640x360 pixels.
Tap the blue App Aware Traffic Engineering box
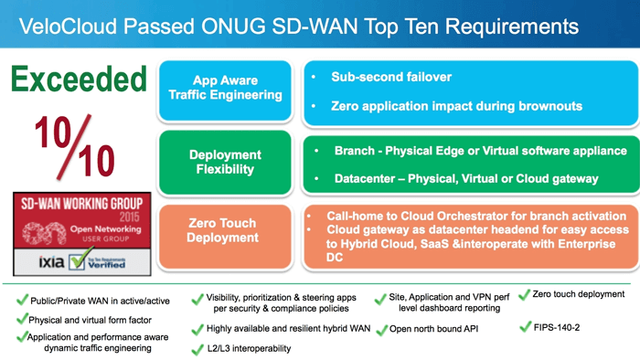click(225, 89)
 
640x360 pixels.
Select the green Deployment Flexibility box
click(225, 162)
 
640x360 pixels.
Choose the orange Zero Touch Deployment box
click(225, 229)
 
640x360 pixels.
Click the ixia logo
click(38, 261)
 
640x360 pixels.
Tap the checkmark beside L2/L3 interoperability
click(197, 349)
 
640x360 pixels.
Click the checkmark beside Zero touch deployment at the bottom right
click(525, 294)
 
